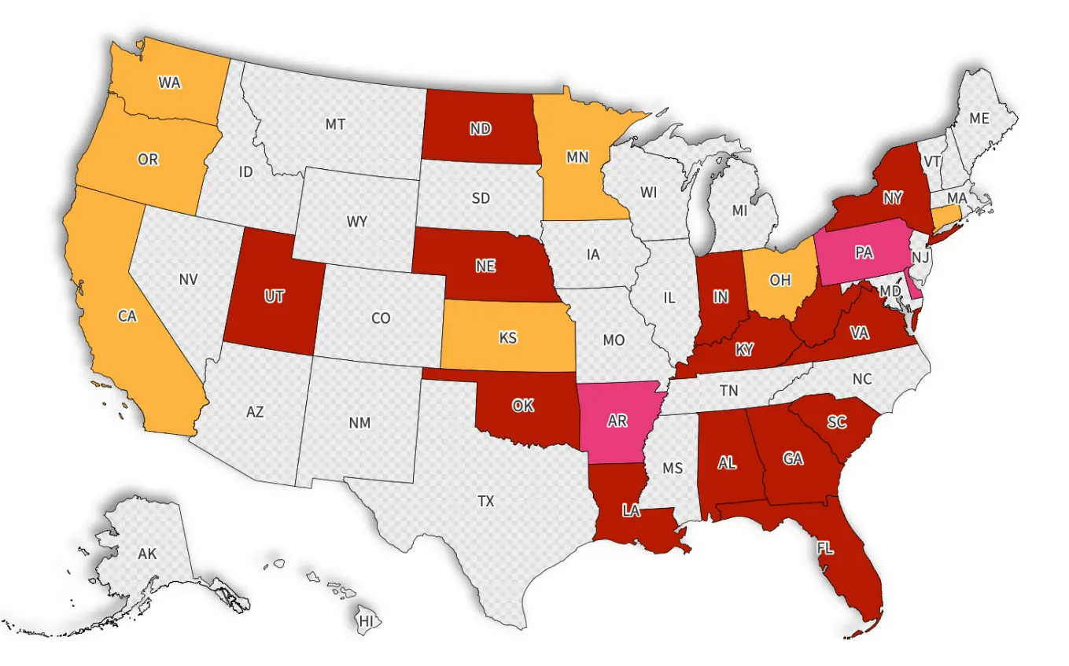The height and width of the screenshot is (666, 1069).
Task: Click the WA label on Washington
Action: (x=169, y=83)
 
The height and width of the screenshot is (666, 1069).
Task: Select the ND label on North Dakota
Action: (x=481, y=129)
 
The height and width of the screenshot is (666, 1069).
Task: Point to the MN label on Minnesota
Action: (x=577, y=157)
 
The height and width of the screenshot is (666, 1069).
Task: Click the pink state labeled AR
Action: (x=617, y=421)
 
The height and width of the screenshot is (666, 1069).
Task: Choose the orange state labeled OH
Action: (x=780, y=281)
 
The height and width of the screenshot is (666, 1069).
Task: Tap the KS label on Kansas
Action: (x=508, y=337)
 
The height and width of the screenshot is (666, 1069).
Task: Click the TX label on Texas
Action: (x=486, y=500)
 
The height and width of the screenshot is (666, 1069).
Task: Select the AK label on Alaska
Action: (x=147, y=554)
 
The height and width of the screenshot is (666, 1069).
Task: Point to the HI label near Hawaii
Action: (x=367, y=621)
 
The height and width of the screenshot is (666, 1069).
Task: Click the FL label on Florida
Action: (x=824, y=548)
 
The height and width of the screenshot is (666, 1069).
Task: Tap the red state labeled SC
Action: (x=837, y=422)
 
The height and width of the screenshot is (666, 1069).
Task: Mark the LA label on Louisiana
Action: (x=631, y=511)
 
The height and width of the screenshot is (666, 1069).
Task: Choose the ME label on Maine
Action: (x=979, y=119)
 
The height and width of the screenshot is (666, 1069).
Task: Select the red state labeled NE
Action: (x=485, y=266)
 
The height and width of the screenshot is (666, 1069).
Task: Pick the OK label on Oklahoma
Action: (x=523, y=406)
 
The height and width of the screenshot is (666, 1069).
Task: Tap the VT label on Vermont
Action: (x=932, y=160)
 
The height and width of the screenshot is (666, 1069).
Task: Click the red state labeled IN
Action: (x=721, y=296)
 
